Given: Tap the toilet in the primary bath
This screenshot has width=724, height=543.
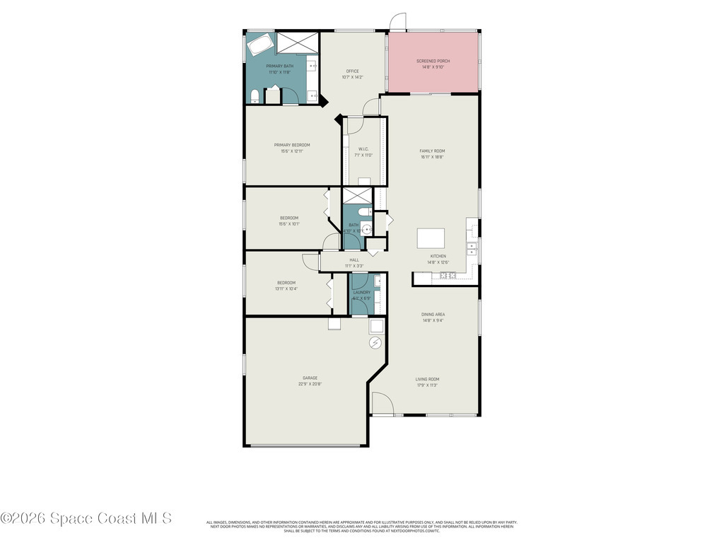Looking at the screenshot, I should (x=255, y=95).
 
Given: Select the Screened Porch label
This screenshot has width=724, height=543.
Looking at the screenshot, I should (x=433, y=62).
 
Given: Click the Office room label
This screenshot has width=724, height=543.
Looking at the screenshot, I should (x=352, y=71).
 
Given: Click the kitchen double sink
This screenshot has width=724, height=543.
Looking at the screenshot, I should (x=472, y=249).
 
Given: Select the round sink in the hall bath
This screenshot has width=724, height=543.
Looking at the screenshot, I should (x=367, y=229).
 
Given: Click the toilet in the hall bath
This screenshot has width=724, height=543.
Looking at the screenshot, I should (x=363, y=211).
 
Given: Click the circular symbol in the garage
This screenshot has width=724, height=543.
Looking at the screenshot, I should (x=375, y=343).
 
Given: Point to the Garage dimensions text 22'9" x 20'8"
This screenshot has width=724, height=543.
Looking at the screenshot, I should (x=310, y=385).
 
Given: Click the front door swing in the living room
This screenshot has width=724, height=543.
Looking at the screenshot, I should (x=382, y=404).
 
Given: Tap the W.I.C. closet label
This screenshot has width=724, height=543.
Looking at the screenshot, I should (x=363, y=149).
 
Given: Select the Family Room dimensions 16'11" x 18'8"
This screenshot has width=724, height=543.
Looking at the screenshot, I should (x=432, y=157).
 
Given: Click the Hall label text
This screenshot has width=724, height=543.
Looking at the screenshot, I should (x=354, y=259).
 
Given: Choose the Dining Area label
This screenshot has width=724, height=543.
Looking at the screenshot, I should (x=433, y=314).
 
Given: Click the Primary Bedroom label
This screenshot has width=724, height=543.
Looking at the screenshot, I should (x=291, y=145).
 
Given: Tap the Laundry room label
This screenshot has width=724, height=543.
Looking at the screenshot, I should (x=361, y=292).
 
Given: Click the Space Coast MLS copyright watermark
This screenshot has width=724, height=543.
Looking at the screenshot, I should (x=86, y=518).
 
